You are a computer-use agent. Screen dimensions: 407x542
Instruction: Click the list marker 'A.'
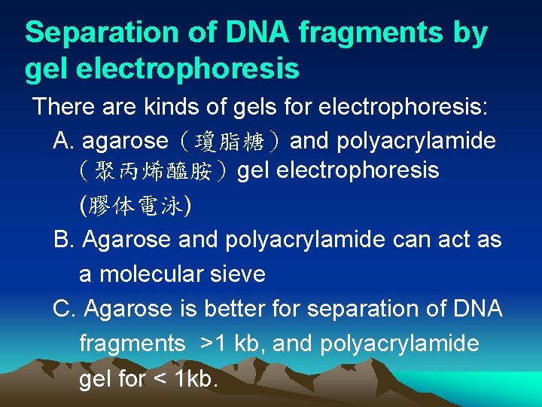(x=65, y=141)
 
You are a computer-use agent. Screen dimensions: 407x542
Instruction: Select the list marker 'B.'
(x=65, y=240)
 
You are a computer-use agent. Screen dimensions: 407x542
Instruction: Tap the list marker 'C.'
(x=65, y=309)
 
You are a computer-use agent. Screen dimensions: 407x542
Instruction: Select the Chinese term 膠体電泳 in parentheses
(x=135, y=206)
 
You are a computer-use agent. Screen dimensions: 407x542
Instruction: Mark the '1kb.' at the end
(x=196, y=378)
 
